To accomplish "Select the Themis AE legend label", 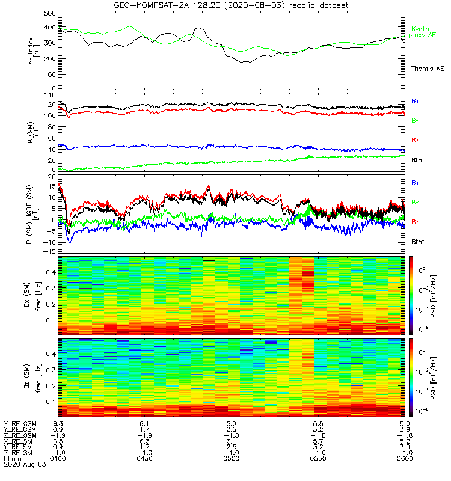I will [x=428, y=69].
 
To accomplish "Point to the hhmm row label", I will [x=11, y=458].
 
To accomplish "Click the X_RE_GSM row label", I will [x=20, y=424].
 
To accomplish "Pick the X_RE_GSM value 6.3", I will [x=58, y=424].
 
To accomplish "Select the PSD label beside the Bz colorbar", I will [x=434, y=377].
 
